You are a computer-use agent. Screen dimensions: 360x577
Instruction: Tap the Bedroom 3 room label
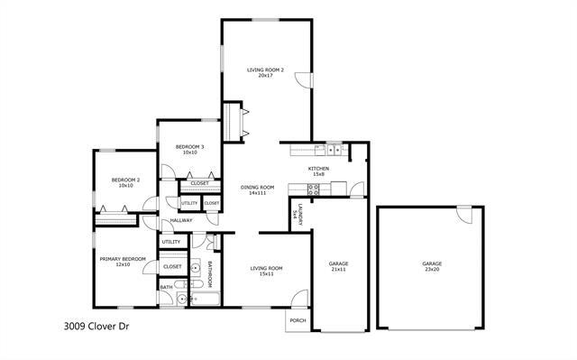[x=189, y=146]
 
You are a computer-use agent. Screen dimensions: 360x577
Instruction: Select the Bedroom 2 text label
[x=125, y=180]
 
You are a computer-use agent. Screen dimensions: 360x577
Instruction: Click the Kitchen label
[x=318, y=169]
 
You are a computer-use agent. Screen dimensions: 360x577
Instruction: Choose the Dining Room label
[x=257, y=187]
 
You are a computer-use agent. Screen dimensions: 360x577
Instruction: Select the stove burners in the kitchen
[x=314, y=189]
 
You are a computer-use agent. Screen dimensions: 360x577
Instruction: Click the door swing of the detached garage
[x=464, y=216]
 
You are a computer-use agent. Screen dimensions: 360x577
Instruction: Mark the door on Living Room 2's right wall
[x=307, y=79]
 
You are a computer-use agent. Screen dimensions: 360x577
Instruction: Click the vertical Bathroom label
[x=209, y=273]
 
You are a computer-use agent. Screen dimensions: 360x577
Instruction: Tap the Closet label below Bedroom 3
[x=199, y=183]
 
